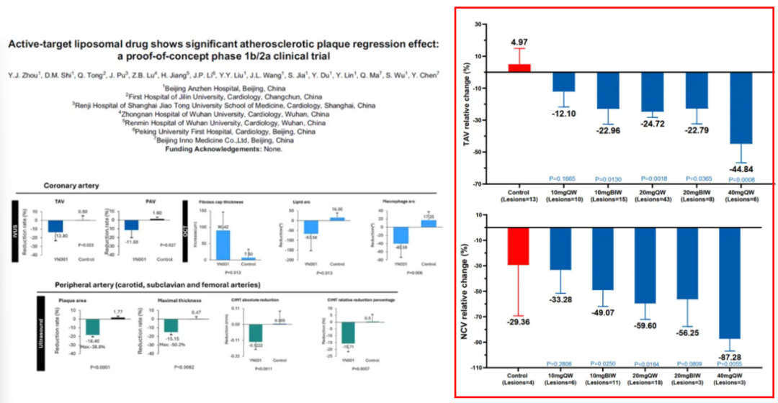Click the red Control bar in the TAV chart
pos(519,67)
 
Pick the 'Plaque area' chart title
pos(72,300)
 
